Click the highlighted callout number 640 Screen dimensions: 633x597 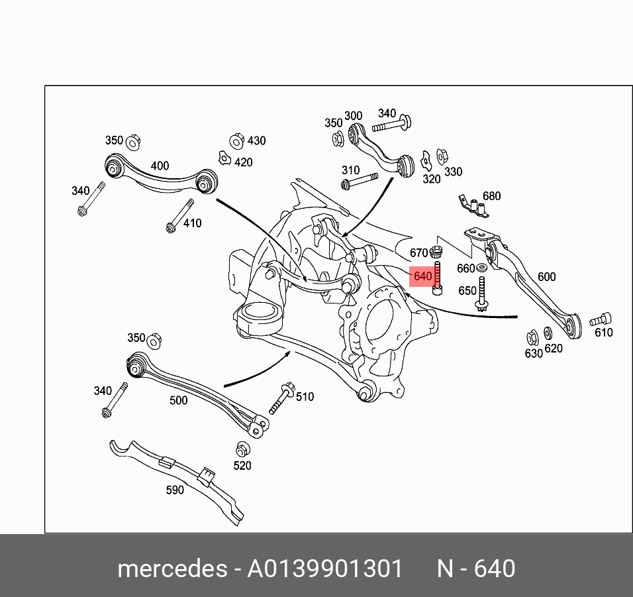point(422,275)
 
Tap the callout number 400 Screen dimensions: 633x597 point(160,166)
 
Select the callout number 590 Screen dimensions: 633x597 point(175,490)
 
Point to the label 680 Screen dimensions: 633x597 point(491,196)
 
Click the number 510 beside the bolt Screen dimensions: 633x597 point(305,397)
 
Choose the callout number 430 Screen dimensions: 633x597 point(256,140)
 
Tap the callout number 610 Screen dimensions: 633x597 point(603,333)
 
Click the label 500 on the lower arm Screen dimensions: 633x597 point(178,400)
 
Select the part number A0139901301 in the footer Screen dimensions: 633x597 point(324,569)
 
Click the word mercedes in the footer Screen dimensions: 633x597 point(171,569)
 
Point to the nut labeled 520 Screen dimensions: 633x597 point(242,448)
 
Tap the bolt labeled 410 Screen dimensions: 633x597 point(179,215)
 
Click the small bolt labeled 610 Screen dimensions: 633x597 point(601,319)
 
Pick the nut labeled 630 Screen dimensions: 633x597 point(532,337)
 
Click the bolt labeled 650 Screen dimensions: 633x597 point(483,296)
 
